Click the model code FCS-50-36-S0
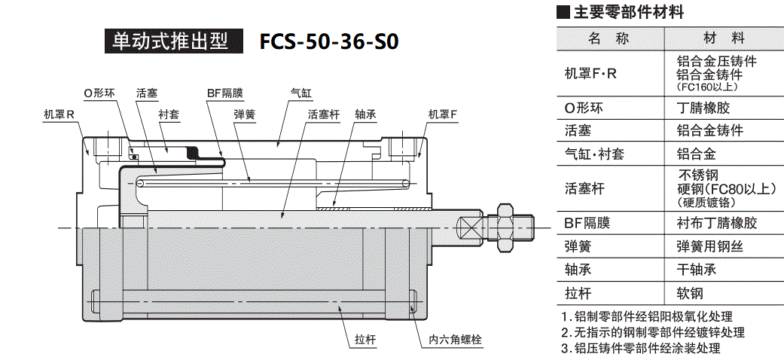328,41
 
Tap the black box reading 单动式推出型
174,41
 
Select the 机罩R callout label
58,114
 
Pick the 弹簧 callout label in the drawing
244,114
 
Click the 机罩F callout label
442,114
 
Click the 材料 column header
724,38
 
